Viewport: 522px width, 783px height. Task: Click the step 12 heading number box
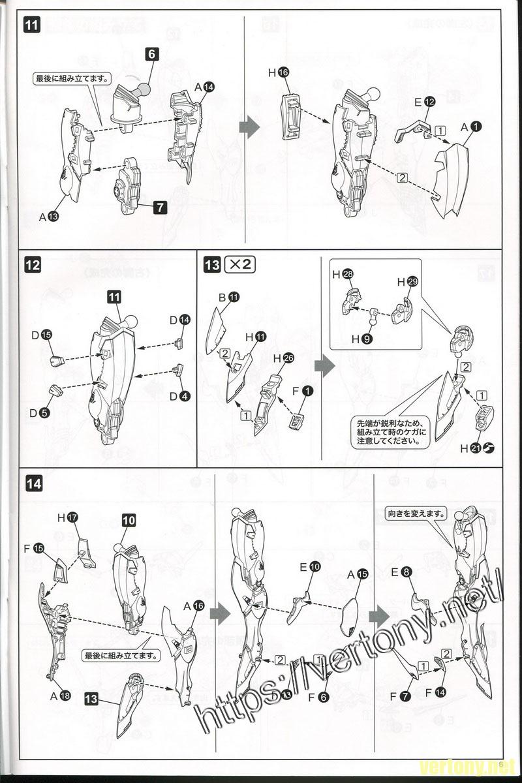pos(32,266)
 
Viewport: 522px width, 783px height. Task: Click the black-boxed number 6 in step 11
pos(151,55)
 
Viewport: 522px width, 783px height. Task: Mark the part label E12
pos(423,102)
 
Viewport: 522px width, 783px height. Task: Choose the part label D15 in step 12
pos(42,334)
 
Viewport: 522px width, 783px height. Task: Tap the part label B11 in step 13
pos(228,298)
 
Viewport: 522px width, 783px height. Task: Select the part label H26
pos(283,357)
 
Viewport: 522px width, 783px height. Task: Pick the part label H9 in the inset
pos(362,339)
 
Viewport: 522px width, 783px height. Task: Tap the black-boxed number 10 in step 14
pos(129,521)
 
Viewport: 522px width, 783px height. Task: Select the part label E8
pos(401,572)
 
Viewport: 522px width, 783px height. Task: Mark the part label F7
pos(399,697)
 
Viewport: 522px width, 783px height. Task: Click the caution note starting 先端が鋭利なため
pos(386,431)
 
